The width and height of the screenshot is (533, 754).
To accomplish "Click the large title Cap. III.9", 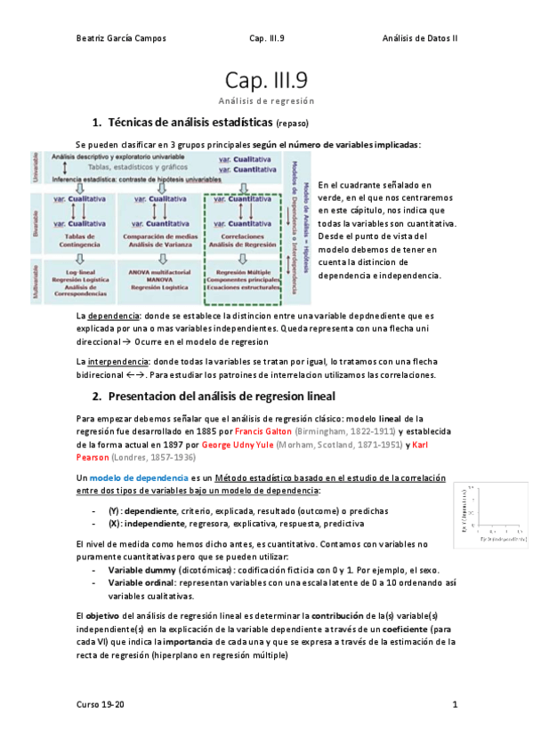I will coord(266,82).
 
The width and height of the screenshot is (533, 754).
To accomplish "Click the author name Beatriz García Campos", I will coord(121,38).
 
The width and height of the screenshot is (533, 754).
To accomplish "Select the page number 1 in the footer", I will coord(454,705).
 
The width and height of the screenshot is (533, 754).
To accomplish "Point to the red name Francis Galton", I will coord(269,429).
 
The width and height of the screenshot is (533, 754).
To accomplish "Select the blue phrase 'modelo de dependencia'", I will coord(129,477).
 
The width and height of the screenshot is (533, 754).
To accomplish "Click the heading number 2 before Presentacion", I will coord(97,395).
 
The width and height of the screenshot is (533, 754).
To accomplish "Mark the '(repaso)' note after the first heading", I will coord(292,124).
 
